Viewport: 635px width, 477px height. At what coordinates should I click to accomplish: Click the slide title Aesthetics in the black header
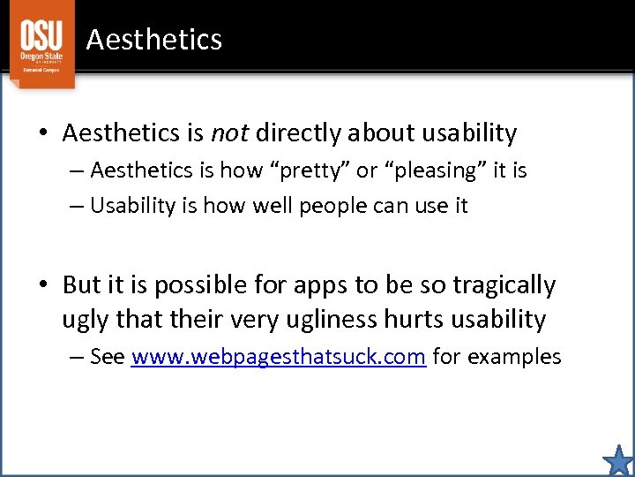154,40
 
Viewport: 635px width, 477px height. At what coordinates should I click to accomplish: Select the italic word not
230,133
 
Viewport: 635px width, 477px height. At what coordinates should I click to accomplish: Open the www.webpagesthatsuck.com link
279,357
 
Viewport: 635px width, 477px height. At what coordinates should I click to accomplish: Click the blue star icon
618,460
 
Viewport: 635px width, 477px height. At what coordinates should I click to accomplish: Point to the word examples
514,357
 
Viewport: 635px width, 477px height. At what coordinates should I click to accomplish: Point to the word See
108,357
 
